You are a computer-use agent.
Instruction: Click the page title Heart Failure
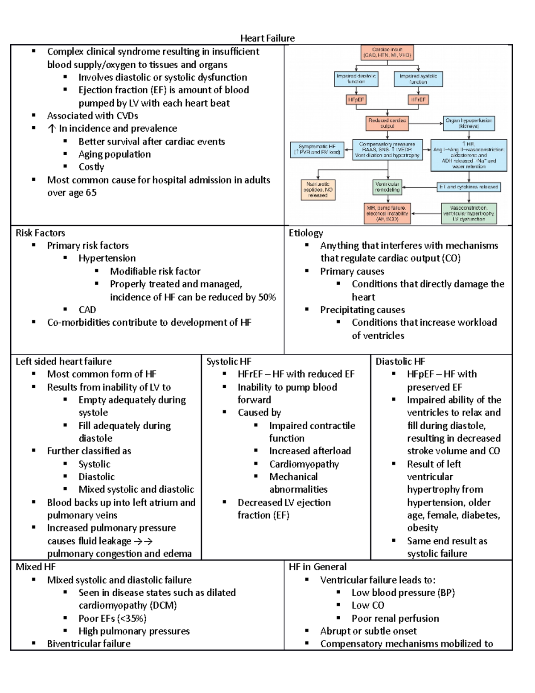[267, 38]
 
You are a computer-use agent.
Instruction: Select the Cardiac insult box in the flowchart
[387, 52]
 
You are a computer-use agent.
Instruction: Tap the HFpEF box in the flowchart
[356, 100]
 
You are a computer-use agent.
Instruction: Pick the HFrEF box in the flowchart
[418, 100]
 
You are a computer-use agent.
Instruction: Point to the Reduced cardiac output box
[387, 123]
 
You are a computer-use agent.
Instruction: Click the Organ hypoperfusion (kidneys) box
[469, 123]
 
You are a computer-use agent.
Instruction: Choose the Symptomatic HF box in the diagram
[317, 149]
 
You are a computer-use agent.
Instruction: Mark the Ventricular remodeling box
[387, 187]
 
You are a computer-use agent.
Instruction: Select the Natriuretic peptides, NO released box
[318, 190]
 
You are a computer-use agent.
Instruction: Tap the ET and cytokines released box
[469, 187]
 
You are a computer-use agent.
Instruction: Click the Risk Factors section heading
[40, 233]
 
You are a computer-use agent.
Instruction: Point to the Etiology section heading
[306, 233]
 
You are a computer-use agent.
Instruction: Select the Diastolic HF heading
[400, 361]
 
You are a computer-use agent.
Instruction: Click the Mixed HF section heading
[36, 567]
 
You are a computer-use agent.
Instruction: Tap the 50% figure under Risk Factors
[267, 297]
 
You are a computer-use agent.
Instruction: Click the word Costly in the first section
[91, 167]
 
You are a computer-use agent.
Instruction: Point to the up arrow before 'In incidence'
[52, 129]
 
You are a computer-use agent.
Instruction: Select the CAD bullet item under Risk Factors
[87, 310]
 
